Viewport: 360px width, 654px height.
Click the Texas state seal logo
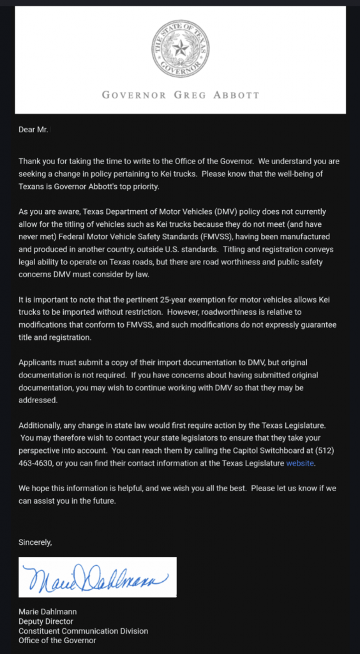tap(180, 49)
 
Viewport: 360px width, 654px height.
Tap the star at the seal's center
tap(180, 47)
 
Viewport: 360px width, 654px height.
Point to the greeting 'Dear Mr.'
tap(34, 130)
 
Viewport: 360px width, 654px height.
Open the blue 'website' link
tap(300, 463)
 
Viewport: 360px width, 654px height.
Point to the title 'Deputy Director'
tap(46, 621)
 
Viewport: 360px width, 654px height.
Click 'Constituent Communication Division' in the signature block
tap(83, 631)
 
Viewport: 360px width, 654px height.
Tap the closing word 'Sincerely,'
tap(35, 542)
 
